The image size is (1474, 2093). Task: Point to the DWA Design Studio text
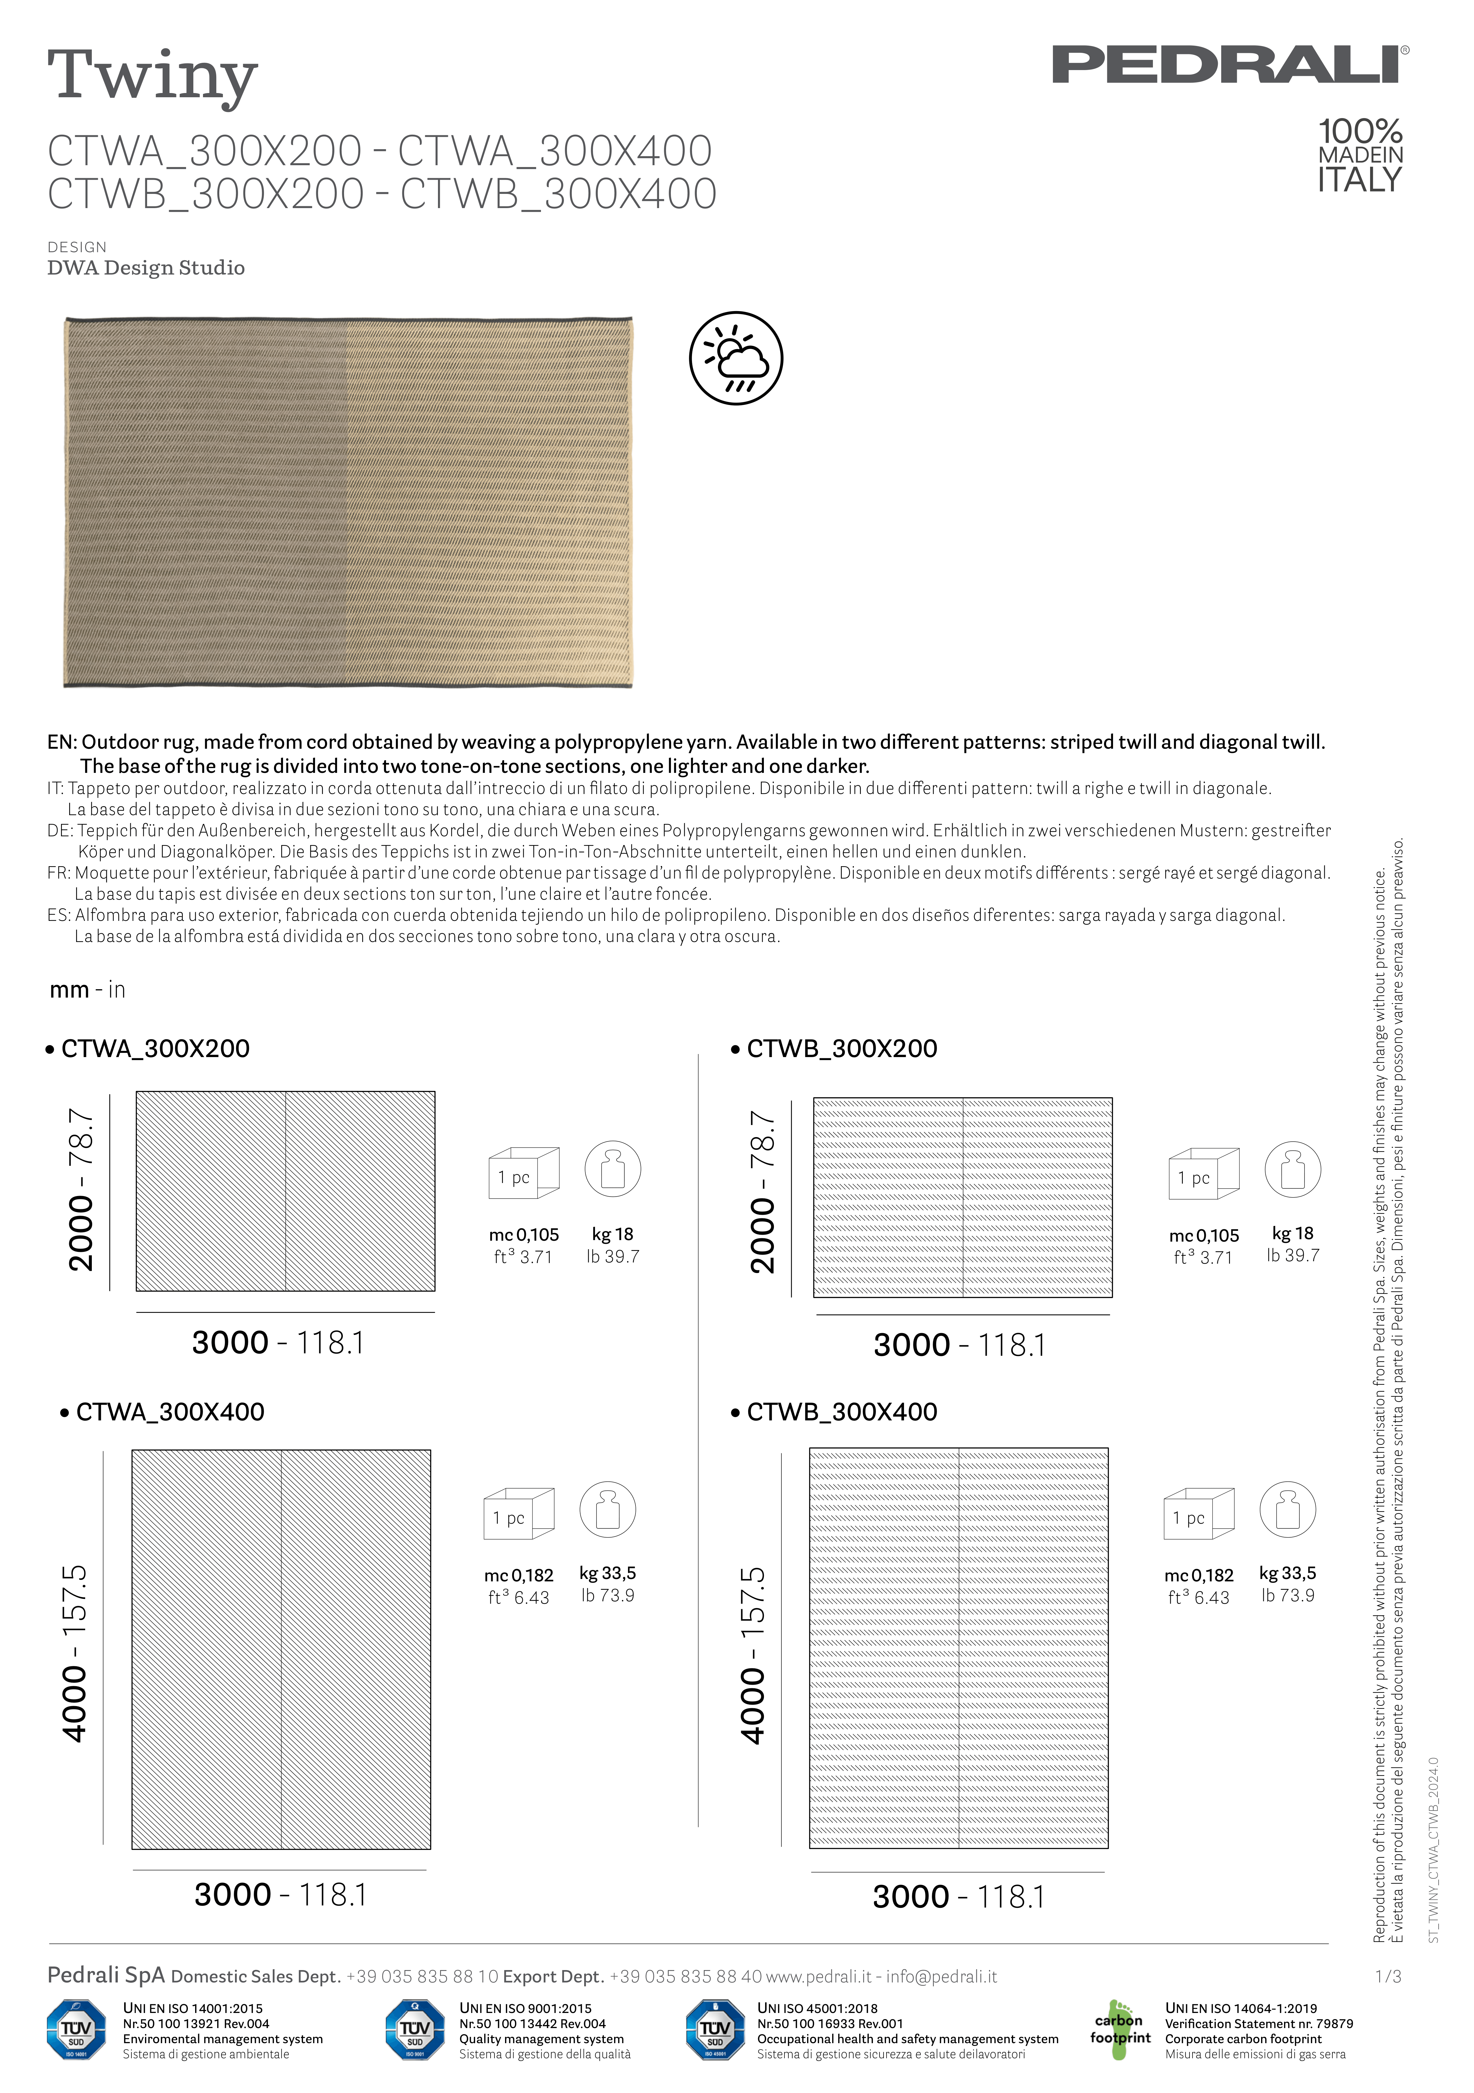pos(146,268)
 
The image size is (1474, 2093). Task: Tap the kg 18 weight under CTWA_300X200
pos(613,1234)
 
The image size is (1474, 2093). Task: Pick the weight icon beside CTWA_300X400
pos(608,1510)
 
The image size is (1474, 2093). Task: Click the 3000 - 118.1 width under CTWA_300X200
pos(278,1343)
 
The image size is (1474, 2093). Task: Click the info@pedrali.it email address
pos(942,1976)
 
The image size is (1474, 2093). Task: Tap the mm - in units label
pos(88,990)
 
